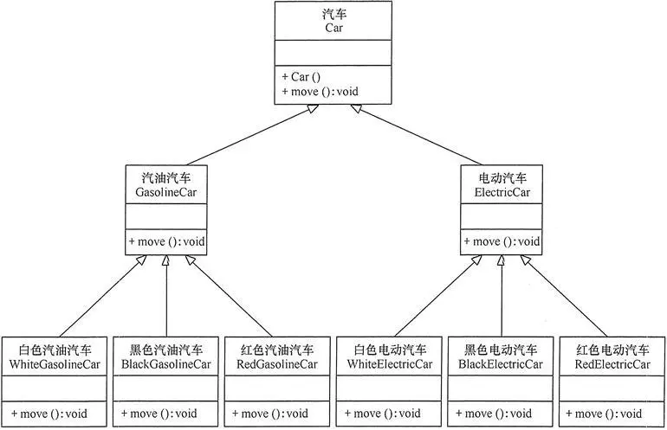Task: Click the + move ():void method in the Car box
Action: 320,92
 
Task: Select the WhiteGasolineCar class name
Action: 55,364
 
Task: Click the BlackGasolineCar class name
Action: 165,364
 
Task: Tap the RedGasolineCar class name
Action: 277,364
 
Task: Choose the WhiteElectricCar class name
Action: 389,364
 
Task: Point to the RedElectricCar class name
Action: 612,364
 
